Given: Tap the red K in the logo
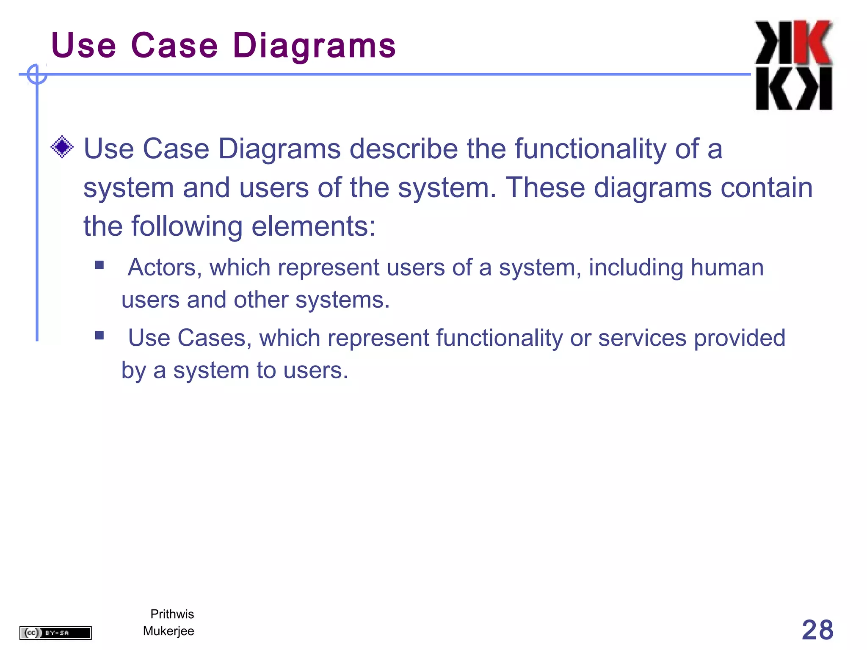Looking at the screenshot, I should coord(812,42).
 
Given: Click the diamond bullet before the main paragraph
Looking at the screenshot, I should coord(62,147).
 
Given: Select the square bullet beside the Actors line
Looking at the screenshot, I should coord(99,265).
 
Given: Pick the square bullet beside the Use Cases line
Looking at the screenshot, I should coord(99,336).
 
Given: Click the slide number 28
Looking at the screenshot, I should coord(817,630).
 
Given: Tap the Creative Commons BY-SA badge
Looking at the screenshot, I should coord(55,633).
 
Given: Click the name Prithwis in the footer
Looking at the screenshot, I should coord(172,614).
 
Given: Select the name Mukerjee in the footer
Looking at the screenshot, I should coord(168,631).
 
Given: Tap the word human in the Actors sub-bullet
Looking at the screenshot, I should coord(727,267).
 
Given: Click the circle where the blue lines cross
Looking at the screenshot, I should coord(37,74).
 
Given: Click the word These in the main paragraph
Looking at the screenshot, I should coord(545,187).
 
